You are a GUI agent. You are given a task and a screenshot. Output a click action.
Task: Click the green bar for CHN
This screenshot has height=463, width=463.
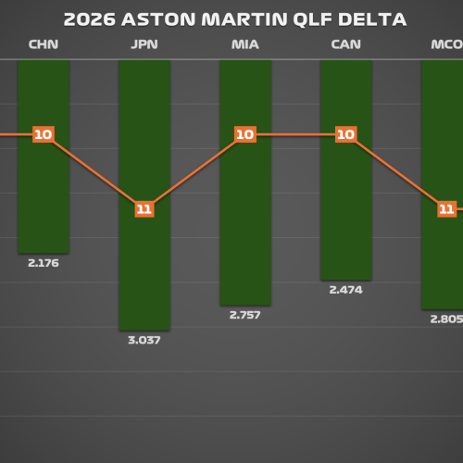pyautogui.click(x=44, y=156)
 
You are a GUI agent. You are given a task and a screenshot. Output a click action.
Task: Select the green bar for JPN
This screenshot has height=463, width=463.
pyautogui.click(x=144, y=195)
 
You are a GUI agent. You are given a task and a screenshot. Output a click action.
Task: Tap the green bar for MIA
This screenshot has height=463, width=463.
pyautogui.click(x=245, y=182)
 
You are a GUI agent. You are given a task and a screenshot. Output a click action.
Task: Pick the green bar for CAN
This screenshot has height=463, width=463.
pyautogui.click(x=346, y=170)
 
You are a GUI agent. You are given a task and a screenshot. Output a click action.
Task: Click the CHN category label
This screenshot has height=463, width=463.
pyautogui.click(x=44, y=44)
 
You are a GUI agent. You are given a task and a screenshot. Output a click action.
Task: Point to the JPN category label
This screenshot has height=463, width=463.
pyautogui.click(x=144, y=44)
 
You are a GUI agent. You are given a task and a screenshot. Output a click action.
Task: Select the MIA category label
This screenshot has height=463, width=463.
pyautogui.click(x=245, y=44)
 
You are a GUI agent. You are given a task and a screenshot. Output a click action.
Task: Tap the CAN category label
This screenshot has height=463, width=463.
pyautogui.click(x=346, y=44)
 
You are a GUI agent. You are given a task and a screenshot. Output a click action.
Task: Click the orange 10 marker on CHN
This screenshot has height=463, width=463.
pyautogui.click(x=44, y=134)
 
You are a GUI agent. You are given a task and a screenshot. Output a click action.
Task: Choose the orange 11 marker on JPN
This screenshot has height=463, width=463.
pyautogui.click(x=144, y=209)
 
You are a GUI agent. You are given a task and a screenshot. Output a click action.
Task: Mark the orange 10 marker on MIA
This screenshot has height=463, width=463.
pyautogui.click(x=245, y=134)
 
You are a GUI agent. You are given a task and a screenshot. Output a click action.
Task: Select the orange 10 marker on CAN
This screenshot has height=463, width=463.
pyautogui.click(x=346, y=134)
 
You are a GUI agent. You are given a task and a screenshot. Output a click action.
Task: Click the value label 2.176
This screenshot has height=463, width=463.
pyautogui.click(x=44, y=263)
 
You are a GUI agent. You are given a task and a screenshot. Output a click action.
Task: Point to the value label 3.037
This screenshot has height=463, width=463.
pyautogui.click(x=144, y=340)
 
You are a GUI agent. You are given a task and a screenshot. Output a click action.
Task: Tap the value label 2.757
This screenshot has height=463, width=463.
pyautogui.click(x=245, y=315)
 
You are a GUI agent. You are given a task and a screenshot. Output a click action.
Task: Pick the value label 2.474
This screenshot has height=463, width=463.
pyautogui.click(x=346, y=290)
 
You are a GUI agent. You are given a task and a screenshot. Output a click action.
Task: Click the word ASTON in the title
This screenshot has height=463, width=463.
pyautogui.click(x=158, y=19)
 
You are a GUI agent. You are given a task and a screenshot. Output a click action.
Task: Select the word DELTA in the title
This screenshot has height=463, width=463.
pyautogui.click(x=372, y=19)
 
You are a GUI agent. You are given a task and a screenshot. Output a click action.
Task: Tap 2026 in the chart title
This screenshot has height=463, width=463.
pyautogui.click(x=90, y=19)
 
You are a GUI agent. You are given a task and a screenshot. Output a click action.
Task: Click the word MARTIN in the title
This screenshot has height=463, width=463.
pyautogui.click(x=244, y=19)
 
